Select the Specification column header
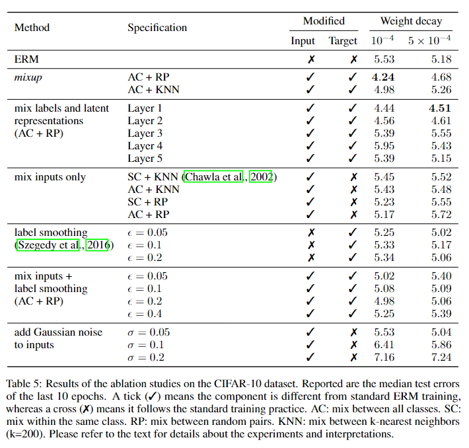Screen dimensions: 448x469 point(157,28)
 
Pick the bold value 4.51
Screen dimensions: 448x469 point(439,108)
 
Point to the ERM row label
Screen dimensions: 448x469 point(26,59)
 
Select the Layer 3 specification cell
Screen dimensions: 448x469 point(145,133)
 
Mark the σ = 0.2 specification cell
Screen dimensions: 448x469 point(145,357)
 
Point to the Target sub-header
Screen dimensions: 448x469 point(343,41)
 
